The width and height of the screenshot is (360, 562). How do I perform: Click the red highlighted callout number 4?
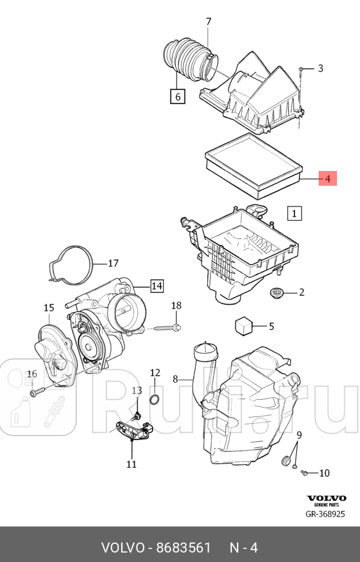click(x=327, y=177)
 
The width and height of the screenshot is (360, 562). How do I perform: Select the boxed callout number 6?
click(x=177, y=95)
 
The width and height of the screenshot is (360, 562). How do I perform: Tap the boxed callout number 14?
click(x=156, y=286)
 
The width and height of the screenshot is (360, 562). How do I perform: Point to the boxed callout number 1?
click(x=294, y=212)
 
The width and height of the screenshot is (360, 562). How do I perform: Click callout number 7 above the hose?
click(x=208, y=22)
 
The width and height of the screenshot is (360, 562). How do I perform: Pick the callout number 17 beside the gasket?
click(x=112, y=263)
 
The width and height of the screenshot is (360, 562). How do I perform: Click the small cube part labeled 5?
click(x=244, y=326)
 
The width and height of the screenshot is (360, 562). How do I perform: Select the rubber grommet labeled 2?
click(x=276, y=292)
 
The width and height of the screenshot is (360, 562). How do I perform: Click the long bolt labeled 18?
click(x=168, y=327)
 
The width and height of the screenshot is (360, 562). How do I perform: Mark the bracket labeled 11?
click(x=133, y=430)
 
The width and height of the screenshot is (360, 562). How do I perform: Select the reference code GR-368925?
click(x=325, y=514)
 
